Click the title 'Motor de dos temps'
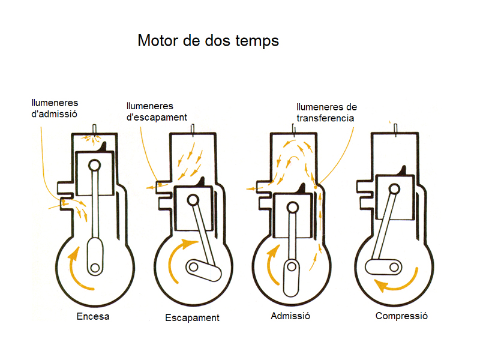[x=208, y=41]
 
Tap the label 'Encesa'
[x=93, y=316]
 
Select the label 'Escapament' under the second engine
[x=192, y=317]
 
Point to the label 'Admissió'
[x=290, y=316]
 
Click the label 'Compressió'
[x=401, y=316]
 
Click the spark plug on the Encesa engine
[x=95, y=128]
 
